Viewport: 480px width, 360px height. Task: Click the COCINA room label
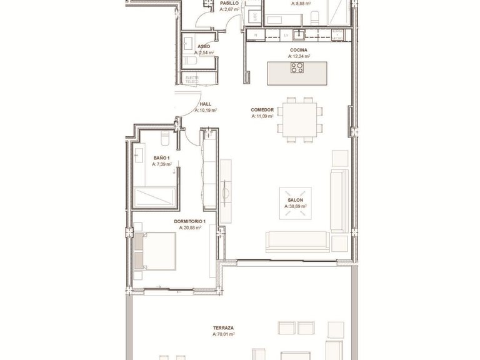(297, 50)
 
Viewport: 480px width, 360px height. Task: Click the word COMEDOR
(262, 109)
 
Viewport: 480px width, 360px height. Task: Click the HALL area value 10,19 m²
(206, 110)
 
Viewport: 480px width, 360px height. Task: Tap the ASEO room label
(203, 47)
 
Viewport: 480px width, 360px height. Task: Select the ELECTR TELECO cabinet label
(192, 80)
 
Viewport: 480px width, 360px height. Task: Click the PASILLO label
(228, 3)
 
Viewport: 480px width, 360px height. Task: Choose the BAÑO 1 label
(161, 159)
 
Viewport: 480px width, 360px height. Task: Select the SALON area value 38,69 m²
(296, 206)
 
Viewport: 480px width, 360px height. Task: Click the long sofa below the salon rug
(297, 241)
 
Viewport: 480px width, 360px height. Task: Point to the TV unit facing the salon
(226, 185)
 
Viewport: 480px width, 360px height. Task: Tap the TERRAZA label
(222, 328)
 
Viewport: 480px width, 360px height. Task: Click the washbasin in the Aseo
(187, 43)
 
